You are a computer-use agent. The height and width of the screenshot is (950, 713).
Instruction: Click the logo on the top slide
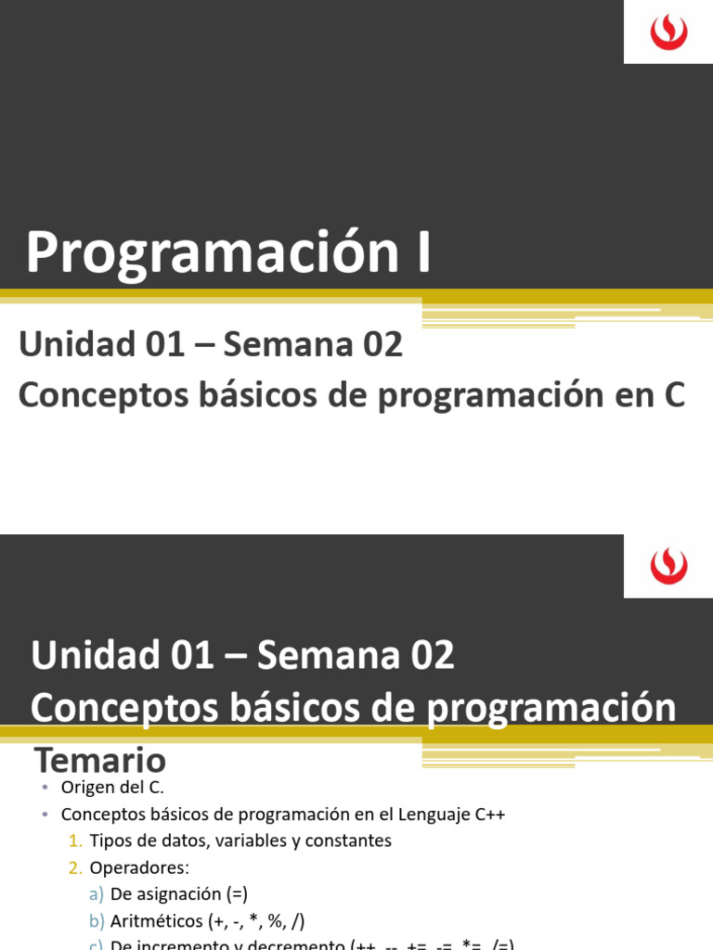pos(668,32)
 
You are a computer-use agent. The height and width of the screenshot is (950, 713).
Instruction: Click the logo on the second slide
pos(668,566)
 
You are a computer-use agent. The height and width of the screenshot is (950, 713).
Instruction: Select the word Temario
pos(100,761)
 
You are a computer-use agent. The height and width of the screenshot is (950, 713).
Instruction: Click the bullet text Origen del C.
pos(112,788)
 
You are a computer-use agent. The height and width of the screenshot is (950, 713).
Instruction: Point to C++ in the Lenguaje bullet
pos(488,815)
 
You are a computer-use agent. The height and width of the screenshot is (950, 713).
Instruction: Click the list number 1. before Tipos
pos(75,841)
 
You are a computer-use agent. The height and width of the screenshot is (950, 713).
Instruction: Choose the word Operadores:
pos(139,868)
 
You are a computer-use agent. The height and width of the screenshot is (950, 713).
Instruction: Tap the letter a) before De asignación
pos(97,895)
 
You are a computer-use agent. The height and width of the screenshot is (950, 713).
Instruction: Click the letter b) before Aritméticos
pos(97,922)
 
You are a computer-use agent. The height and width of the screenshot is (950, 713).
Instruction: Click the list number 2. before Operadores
pos(75,868)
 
